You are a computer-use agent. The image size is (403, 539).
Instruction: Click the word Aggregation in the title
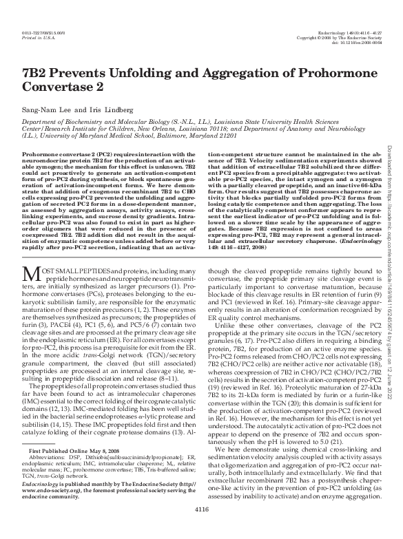point(207,74)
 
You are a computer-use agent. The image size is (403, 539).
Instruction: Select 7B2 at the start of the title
point(33,74)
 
